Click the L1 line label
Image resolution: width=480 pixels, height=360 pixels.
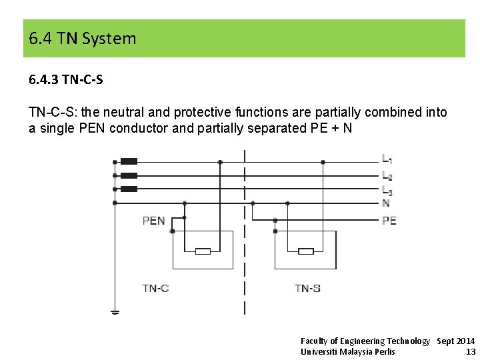(387, 160)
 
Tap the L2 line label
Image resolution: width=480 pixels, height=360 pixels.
(387, 176)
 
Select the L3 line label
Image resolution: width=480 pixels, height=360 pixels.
(387, 191)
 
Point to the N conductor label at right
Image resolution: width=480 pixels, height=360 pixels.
(386, 203)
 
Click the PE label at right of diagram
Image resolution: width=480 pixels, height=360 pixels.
(389, 221)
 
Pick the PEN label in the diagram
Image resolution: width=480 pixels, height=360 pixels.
(154, 221)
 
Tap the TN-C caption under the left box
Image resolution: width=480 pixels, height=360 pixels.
(155, 289)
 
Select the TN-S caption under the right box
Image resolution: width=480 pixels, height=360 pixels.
(308, 289)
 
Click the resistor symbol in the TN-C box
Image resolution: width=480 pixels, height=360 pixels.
(203, 251)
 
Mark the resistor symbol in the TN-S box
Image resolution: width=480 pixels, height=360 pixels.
(305, 251)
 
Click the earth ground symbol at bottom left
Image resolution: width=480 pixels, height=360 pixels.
(115, 311)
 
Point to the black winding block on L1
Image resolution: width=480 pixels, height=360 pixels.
(129, 161)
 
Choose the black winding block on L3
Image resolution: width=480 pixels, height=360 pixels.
(129, 189)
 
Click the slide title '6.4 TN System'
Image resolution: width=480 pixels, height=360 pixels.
(83, 39)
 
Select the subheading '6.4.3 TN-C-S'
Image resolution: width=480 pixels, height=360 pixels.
(66, 80)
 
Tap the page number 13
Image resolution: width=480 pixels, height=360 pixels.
(471, 351)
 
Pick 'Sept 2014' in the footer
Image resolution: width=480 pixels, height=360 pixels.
(456, 341)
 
